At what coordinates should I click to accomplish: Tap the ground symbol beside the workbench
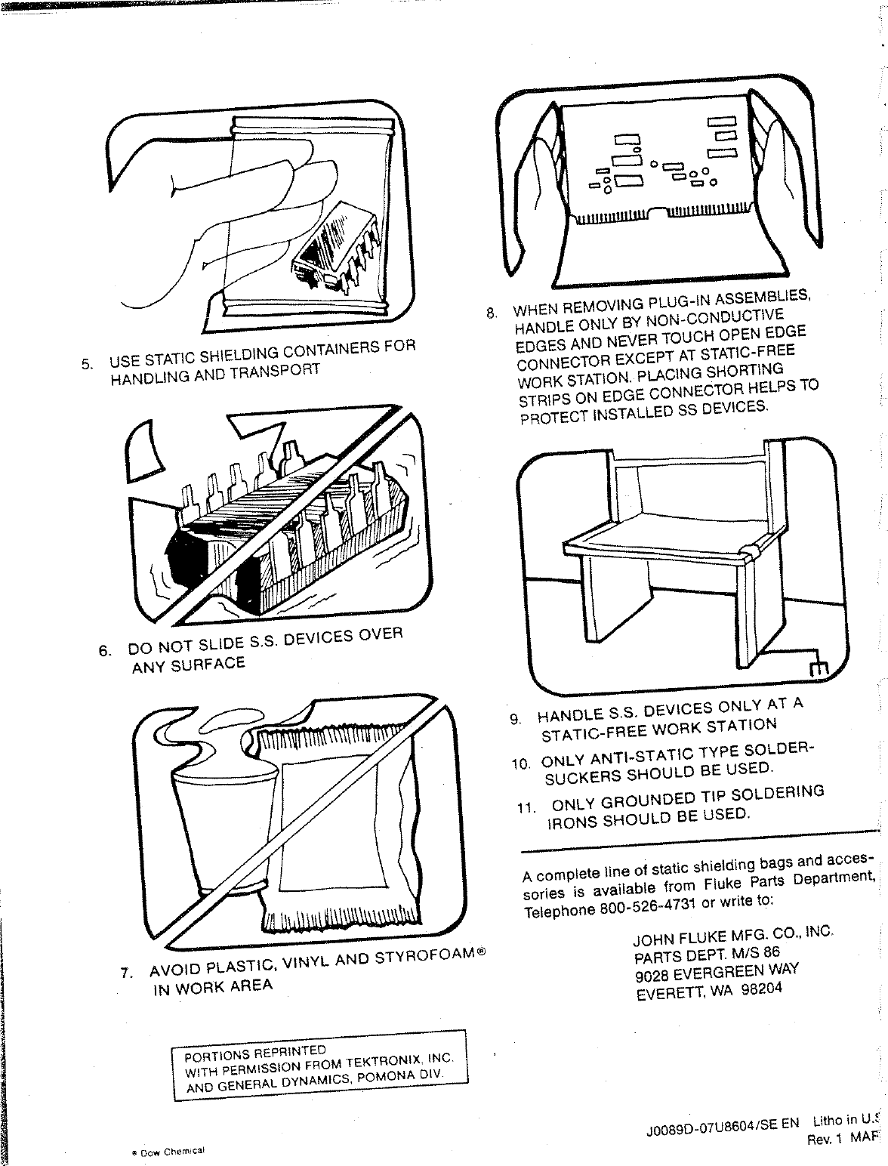click(819, 668)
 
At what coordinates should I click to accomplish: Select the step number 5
click(88, 364)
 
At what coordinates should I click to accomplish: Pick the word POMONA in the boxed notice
click(390, 1077)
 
